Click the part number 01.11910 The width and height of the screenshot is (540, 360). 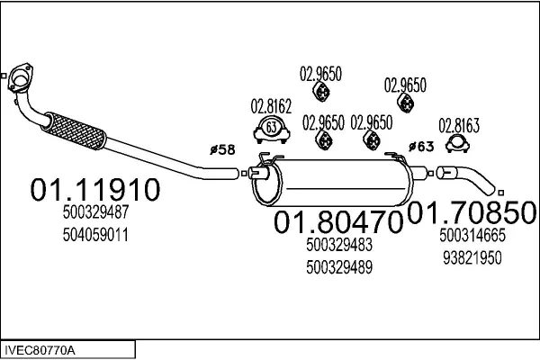(95, 190)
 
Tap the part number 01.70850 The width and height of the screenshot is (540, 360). (473, 212)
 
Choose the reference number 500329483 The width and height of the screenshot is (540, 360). (339, 245)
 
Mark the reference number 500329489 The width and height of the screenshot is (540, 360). (339, 267)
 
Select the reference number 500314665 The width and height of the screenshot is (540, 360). (472, 235)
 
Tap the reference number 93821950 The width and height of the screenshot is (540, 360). (472, 256)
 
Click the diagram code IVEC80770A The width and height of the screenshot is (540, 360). (41, 348)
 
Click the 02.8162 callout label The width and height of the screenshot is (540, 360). (271, 105)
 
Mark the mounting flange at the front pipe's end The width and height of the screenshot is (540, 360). (16, 81)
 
